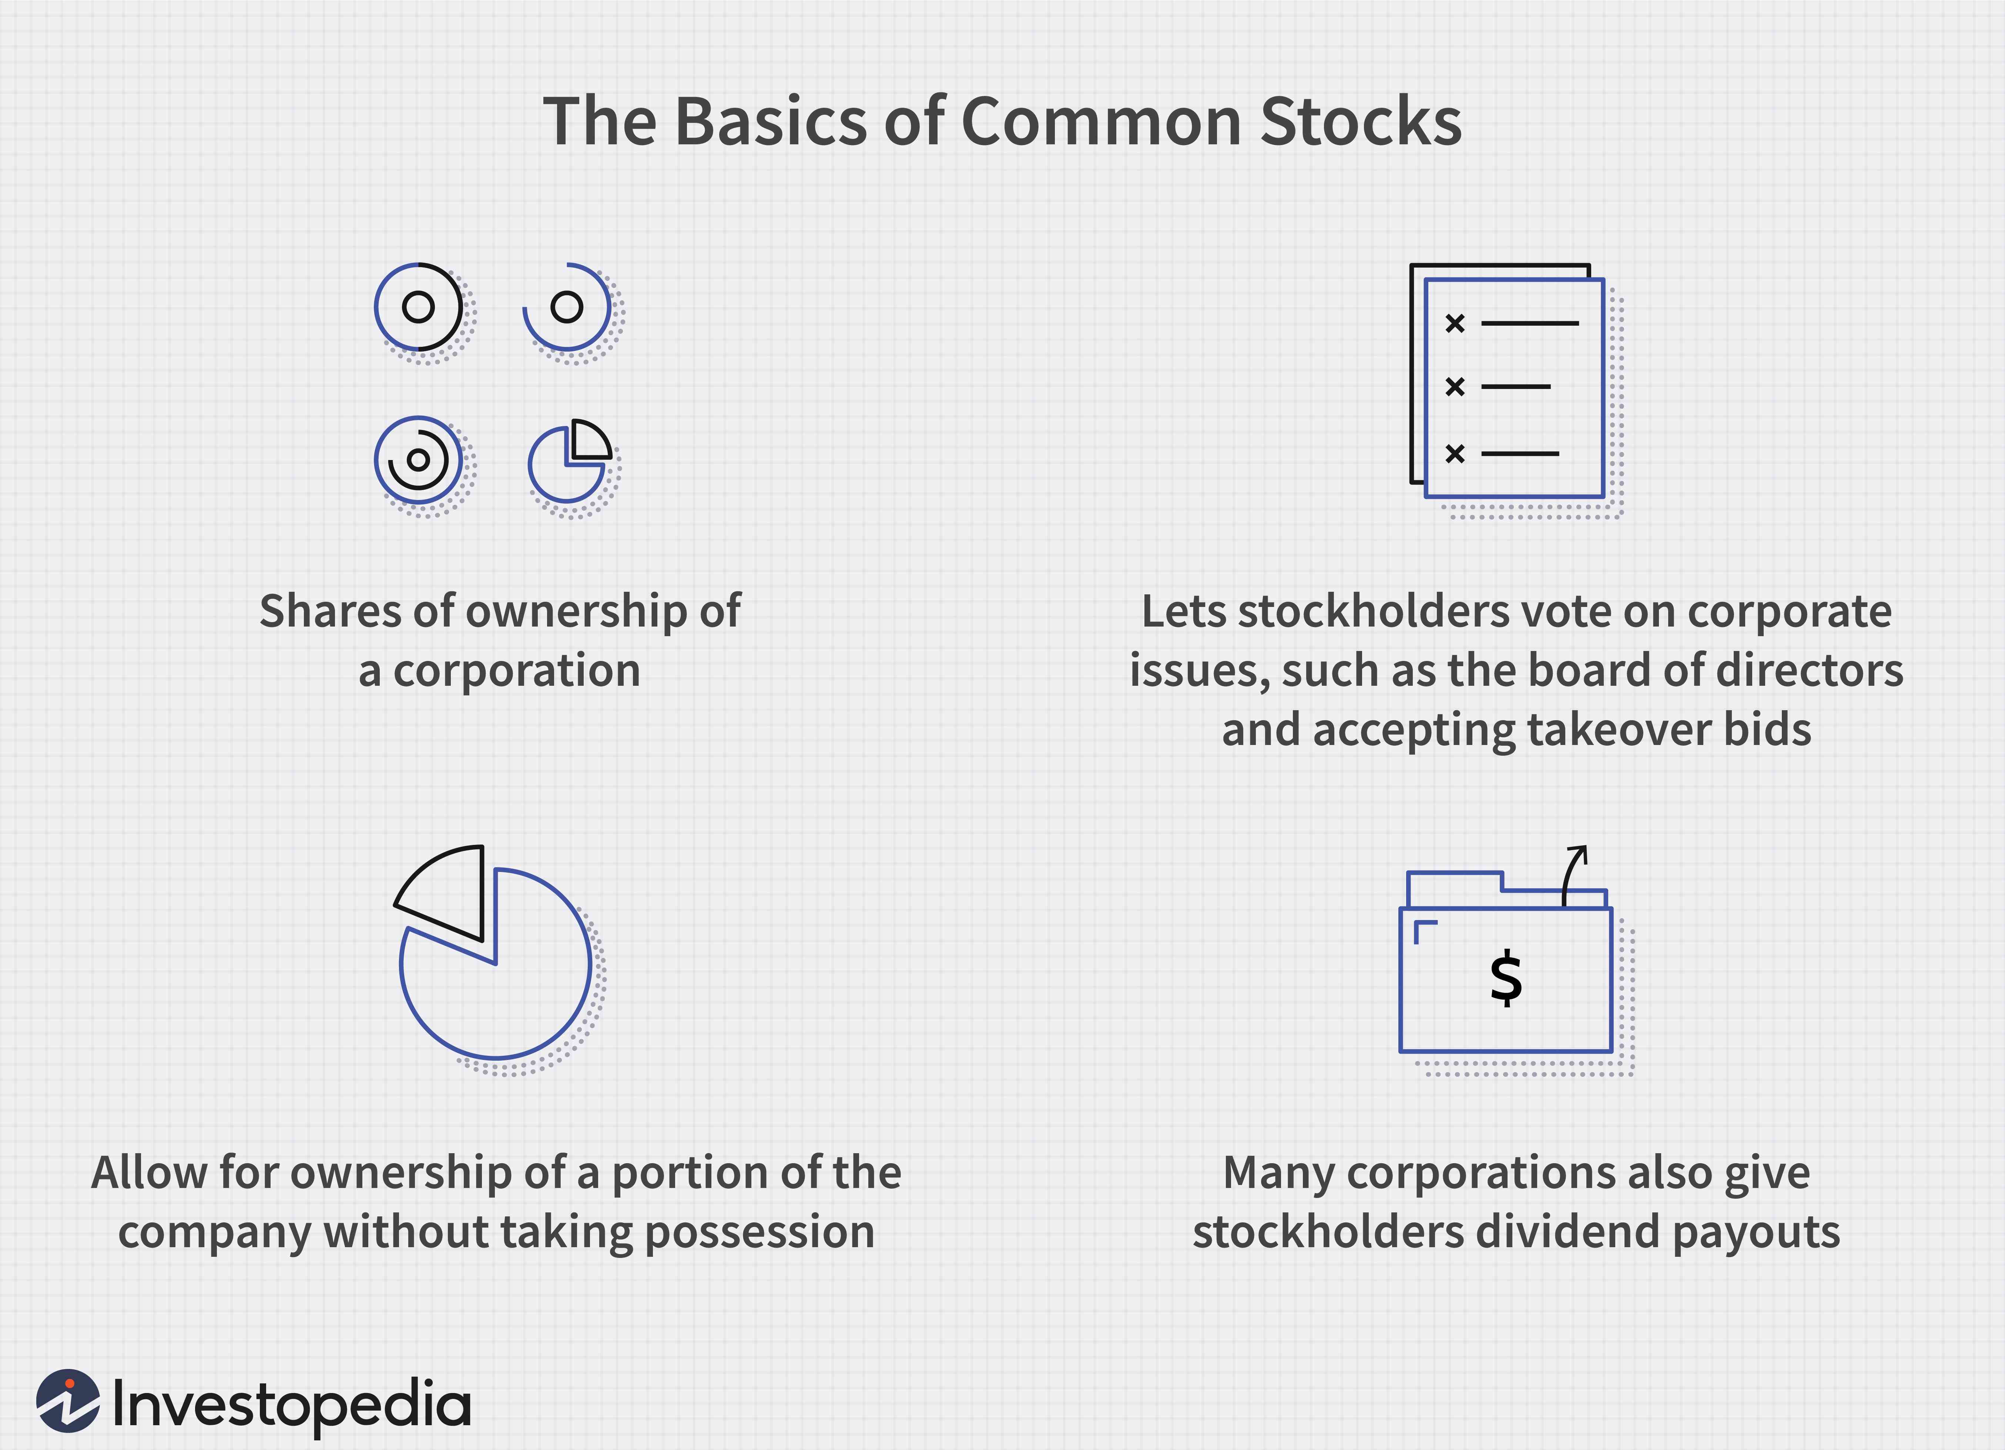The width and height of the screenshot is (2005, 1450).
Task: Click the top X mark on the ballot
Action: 1454,323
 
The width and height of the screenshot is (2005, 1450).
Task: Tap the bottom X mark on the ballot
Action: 1454,454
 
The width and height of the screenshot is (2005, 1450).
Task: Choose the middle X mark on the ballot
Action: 1454,386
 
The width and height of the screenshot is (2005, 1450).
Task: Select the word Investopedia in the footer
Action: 292,1404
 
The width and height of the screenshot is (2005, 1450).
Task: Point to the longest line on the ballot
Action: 1529,323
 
